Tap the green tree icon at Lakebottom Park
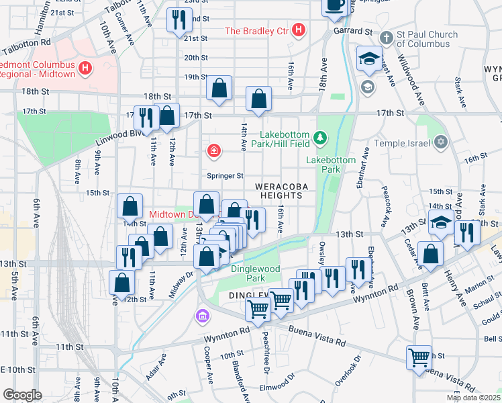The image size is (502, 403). (x=321, y=138)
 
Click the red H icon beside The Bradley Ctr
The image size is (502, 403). (x=299, y=31)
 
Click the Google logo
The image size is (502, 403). (x=21, y=395)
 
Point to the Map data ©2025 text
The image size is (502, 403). (x=472, y=398)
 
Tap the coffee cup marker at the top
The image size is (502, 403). (x=334, y=5)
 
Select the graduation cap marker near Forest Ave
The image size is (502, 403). (x=369, y=59)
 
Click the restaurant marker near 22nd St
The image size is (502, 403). (x=179, y=20)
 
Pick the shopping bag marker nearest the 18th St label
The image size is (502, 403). (x=219, y=88)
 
